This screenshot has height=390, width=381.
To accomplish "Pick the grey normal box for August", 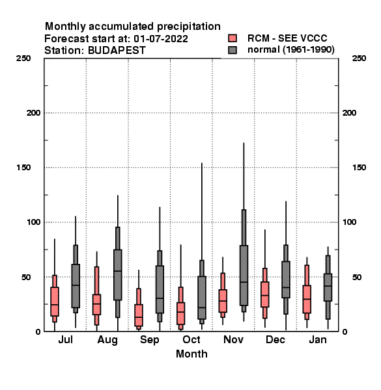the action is [118, 274].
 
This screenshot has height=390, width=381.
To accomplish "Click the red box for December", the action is [265, 294].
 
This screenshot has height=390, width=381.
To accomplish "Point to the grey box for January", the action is [328, 287].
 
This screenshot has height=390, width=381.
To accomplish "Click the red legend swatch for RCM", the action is [233, 38].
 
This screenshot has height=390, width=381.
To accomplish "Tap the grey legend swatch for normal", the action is [233, 50].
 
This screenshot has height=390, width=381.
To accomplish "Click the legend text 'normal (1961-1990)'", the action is [290, 49].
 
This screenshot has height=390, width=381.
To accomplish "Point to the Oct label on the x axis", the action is [191, 339].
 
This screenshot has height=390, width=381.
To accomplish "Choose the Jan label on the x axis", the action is [318, 339].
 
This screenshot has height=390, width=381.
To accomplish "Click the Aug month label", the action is [107, 340].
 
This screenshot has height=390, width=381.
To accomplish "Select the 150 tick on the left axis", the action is [23, 168].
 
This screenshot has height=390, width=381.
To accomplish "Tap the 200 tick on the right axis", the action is [349, 113].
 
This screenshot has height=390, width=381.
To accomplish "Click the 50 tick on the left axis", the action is [26, 277].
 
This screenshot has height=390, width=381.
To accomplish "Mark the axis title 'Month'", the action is [191, 354].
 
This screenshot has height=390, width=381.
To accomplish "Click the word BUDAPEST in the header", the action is [117, 51].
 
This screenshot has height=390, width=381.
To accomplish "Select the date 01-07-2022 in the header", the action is [161, 39].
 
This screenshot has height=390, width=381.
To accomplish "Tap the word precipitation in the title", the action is [189, 27].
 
